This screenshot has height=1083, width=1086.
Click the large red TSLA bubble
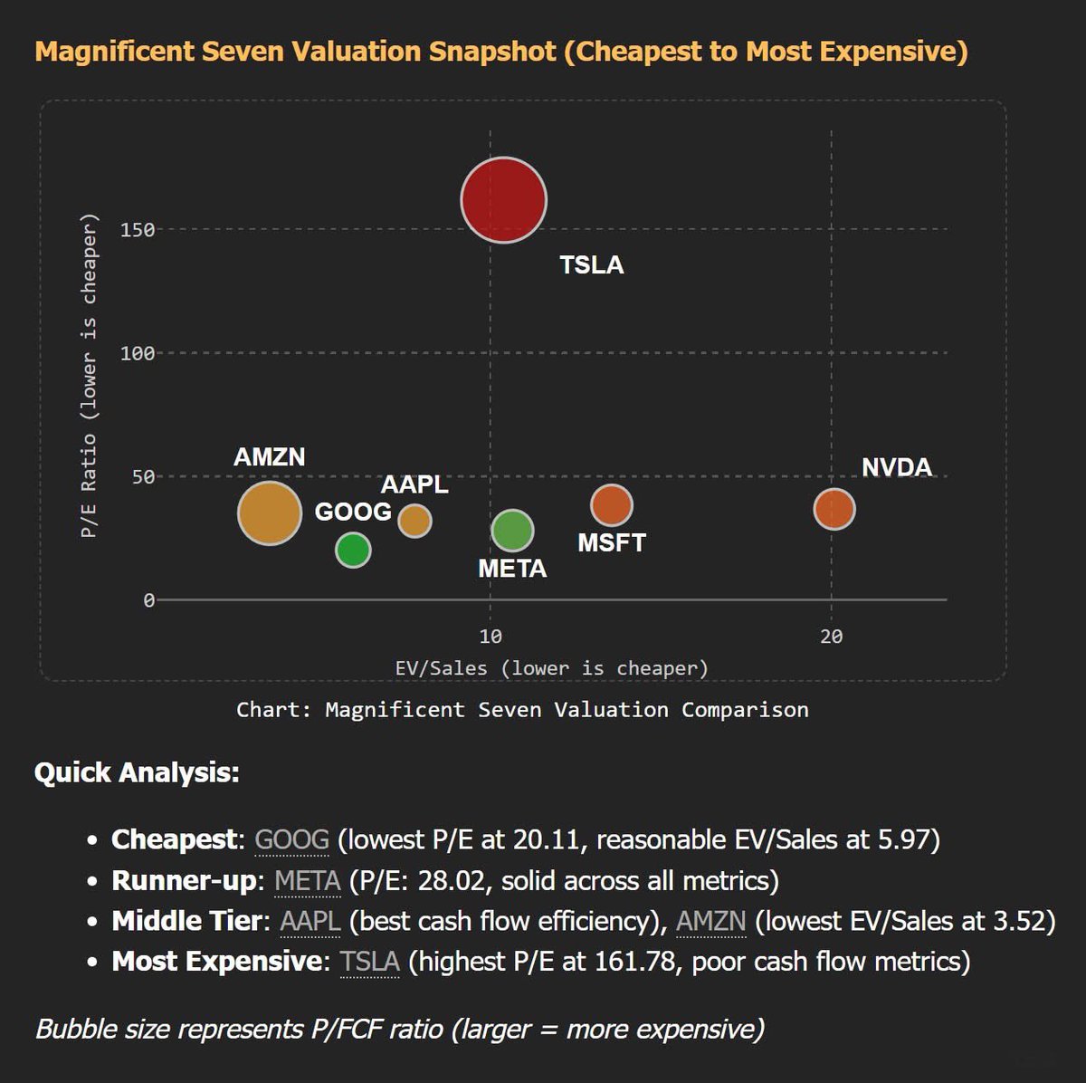pos(504,200)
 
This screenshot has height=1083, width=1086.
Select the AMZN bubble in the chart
pos(270,513)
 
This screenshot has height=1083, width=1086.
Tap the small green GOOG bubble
pos(353,550)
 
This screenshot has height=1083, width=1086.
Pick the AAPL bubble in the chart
pos(414,521)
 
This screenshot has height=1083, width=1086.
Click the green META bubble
pos(512,531)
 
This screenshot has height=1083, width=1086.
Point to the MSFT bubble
pos(612,505)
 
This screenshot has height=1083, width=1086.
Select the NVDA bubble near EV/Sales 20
pos(834,509)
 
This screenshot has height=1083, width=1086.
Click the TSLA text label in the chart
pos(591,265)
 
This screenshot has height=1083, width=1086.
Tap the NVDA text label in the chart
pos(896,467)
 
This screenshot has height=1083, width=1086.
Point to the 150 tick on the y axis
pos(137,230)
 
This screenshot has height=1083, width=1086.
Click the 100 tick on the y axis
pos(137,353)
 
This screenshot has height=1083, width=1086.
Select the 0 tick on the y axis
pos(148,600)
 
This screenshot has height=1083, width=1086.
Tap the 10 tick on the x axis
pos(490,637)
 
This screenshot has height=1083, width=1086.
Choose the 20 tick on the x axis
pos(831,637)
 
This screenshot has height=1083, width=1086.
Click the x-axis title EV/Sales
pos(551,668)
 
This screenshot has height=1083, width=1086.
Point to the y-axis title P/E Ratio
pos(88,376)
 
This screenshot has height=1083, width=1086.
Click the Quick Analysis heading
pos(137,773)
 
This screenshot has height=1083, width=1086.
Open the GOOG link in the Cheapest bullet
pos(291,840)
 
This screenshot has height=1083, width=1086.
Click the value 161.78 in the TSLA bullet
pos(634,961)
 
